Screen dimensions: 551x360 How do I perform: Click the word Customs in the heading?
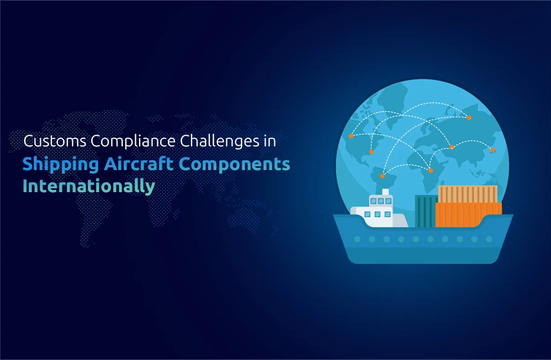[55, 141]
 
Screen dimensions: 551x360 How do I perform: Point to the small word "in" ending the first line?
[269, 141]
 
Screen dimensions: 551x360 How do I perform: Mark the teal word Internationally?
[88, 186]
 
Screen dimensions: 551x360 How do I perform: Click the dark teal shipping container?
[426, 211]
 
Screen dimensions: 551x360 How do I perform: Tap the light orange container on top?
[468, 194]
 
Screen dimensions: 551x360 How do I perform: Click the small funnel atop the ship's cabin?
[385, 192]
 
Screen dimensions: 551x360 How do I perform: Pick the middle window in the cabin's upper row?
[381, 201]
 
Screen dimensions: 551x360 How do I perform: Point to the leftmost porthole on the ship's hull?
[357, 240]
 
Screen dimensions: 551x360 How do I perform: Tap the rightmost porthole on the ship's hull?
[489, 240]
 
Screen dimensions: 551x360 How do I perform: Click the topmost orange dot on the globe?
[469, 118]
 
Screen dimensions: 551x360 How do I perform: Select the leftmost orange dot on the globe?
[351, 136]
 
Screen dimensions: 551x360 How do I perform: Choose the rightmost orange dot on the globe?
[492, 150]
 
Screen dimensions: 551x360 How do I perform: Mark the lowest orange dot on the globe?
[382, 176]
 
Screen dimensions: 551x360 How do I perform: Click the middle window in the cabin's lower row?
[378, 214]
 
